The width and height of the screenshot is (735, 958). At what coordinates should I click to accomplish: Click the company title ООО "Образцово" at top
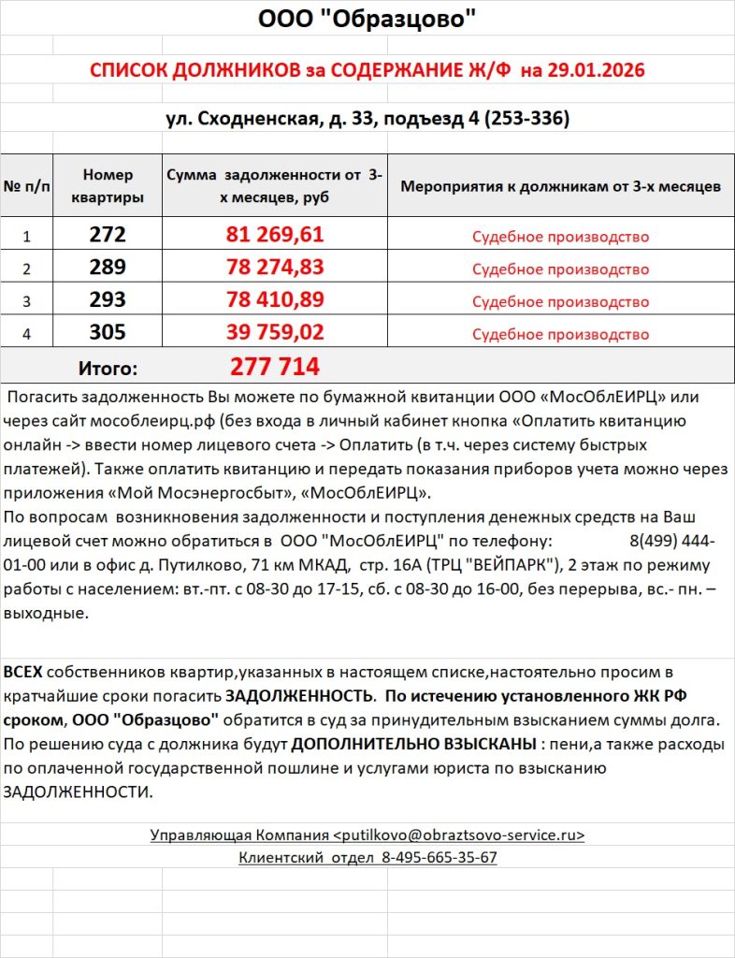[x=367, y=19]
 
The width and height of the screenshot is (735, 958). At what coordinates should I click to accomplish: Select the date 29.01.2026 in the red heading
[x=598, y=70]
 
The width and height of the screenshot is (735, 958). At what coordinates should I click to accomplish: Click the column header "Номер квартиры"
[x=108, y=186]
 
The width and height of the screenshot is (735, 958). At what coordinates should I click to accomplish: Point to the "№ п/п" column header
[x=28, y=186]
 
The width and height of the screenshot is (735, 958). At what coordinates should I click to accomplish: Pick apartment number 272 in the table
[x=108, y=235]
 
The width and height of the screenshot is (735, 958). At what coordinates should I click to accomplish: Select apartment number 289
[x=108, y=268]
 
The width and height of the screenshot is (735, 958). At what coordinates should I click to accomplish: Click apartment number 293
[x=108, y=300]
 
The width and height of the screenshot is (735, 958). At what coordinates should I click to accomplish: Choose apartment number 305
[x=108, y=333]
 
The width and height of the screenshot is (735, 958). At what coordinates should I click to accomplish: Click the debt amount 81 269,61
[x=275, y=235]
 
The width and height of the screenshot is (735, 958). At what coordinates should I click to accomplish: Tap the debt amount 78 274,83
[x=275, y=268]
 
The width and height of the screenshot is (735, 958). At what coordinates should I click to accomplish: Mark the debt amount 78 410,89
[x=275, y=300]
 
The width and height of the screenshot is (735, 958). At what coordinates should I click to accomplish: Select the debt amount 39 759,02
[x=275, y=333]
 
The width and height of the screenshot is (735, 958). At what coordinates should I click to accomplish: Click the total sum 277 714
[x=275, y=366]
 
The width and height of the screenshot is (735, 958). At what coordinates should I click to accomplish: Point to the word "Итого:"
[x=107, y=368]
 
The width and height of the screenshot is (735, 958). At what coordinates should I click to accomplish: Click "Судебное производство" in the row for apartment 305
[x=560, y=334]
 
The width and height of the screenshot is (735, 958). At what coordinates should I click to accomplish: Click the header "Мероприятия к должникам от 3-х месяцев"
[x=560, y=186]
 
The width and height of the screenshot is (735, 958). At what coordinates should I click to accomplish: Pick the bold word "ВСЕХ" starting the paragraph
[x=22, y=673]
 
